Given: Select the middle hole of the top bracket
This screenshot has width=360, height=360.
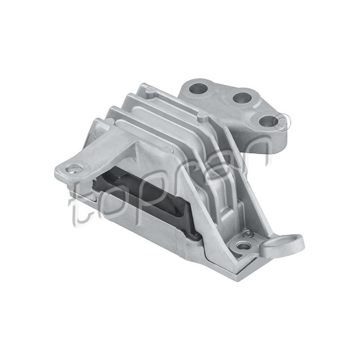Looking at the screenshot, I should (x=241, y=97).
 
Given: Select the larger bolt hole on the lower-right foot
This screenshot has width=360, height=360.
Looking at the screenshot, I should (x=245, y=246).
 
